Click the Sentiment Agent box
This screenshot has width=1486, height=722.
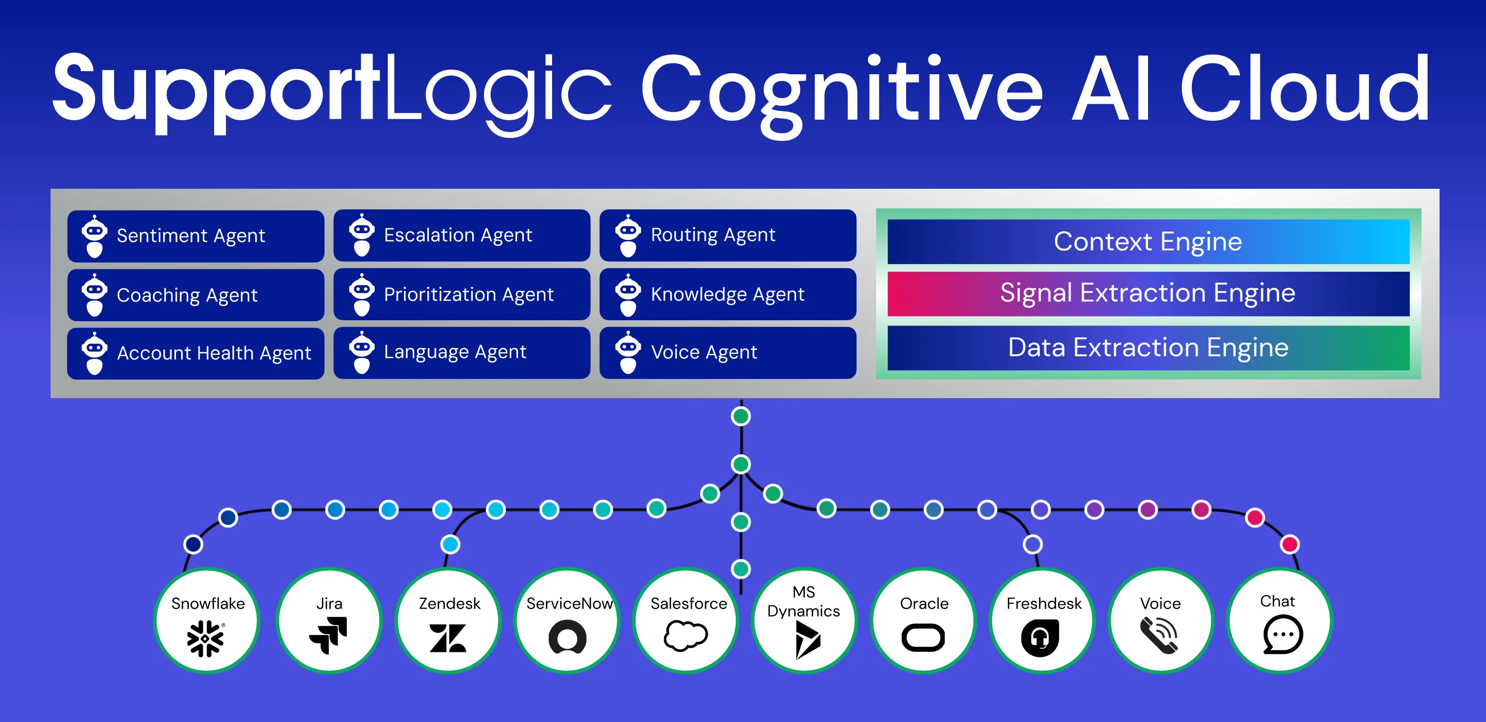[x=196, y=236]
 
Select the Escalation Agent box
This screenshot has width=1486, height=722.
[x=461, y=235]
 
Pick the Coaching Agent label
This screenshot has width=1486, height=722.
[x=187, y=296]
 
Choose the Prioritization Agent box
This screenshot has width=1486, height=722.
[x=461, y=294]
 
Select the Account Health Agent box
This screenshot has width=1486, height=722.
[x=196, y=353]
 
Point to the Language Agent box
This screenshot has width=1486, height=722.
[x=461, y=352]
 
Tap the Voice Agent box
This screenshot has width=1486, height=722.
[x=728, y=352]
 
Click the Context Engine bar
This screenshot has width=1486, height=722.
[x=1148, y=242]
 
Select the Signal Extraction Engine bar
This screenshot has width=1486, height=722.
[x=1148, y=293]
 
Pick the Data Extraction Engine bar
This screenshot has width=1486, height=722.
[x=1148, y=348]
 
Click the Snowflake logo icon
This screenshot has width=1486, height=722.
[x=205, y=638]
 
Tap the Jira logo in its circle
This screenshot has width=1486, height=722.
[x=329, y=635]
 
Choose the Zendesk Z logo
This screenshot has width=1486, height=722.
[x=448, y=638]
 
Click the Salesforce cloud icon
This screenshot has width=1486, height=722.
[x=685, y=635]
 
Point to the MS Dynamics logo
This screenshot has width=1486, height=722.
[x=807, y=639]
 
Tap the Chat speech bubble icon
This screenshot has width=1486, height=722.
[x=1282, y=634]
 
